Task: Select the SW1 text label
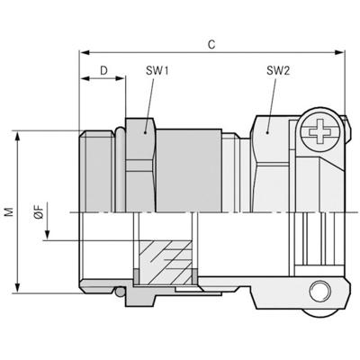pyautogui.click(x=155, y=69)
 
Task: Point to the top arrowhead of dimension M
pyautogui.click(x=19, y=133)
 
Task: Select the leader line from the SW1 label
pyautogui.click(x=148, y=99)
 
